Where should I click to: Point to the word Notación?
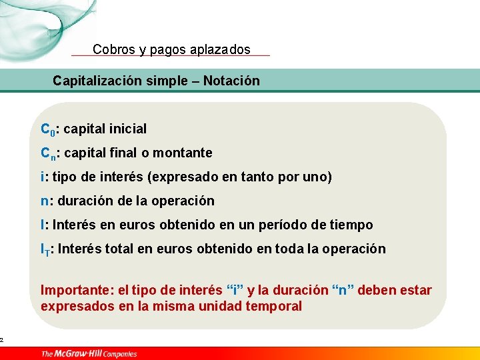click(231, 81)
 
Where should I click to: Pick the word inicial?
click(127, 129)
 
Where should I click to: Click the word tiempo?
click(352, 225)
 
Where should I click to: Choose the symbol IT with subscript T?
click(45, 249)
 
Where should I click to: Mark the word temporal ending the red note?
click(274, 306)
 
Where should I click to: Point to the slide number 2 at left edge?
click(2, 340)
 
